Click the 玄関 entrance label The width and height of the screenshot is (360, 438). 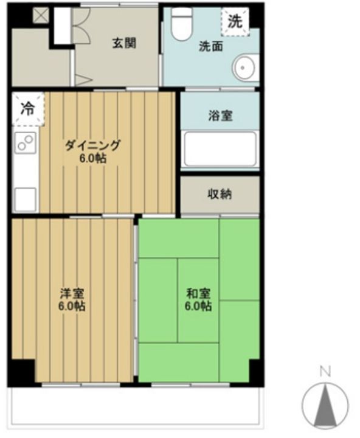(x=123, y=43)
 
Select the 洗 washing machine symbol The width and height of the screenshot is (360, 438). (x=235, y=21)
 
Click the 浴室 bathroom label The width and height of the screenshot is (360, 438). (x=220, y=116)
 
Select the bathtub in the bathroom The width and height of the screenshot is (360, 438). (x=220, y=148)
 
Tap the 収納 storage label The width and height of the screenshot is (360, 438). (x=220, y=195)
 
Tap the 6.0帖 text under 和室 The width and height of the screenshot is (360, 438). (x=198, y=306)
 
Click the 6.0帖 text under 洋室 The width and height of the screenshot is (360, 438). (x=72, y=306)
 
